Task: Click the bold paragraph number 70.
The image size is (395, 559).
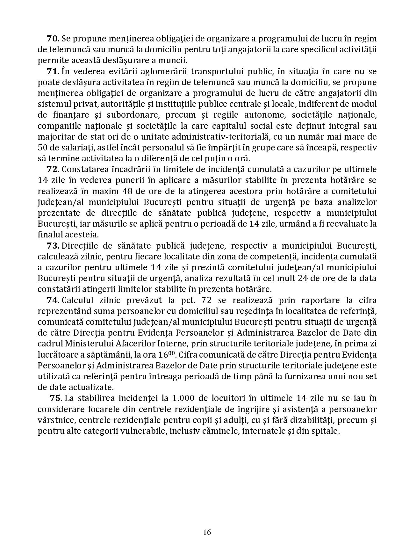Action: click(53, 39)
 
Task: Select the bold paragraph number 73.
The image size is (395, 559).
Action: click(53, 246)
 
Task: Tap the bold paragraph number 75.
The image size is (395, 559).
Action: click(56, 398)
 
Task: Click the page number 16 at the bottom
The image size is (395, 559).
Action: click(207, 532)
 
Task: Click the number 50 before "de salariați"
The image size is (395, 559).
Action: click(42, 148)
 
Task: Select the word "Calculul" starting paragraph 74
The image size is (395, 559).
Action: click(78, 300)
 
